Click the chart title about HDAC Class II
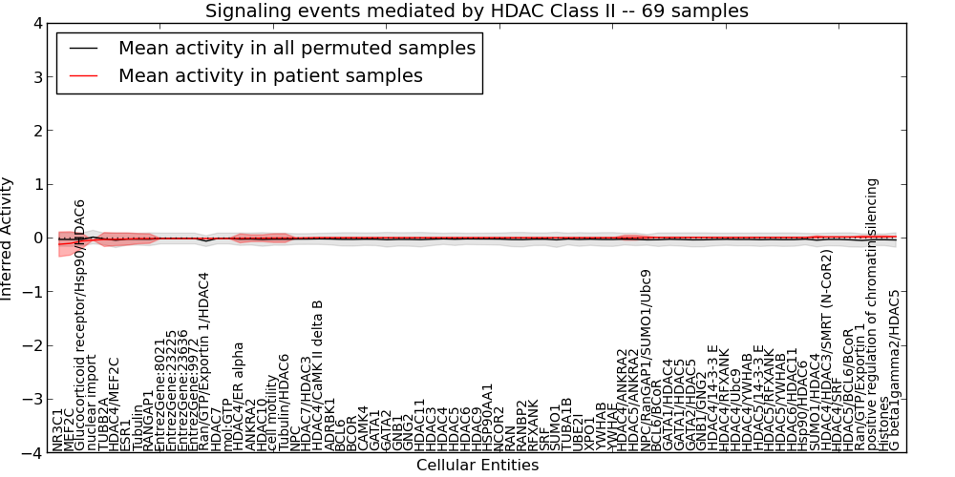point(477,10)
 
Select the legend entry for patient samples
point(269,75)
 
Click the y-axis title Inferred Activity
point(8,238)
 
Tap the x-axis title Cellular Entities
point(477,466)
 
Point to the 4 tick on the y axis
point(32,23)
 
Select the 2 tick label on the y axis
point(32,131)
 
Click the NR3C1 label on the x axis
point(58,429)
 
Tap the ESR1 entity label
point(127,435)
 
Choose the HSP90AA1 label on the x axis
point(487,417)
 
